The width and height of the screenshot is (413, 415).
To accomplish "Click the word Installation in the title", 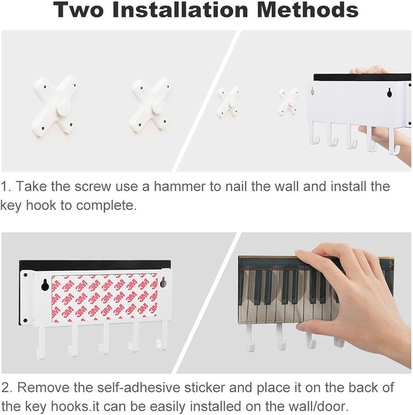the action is [x=180, y=9].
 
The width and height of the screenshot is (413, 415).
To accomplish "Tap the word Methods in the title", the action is [x=308, y=9].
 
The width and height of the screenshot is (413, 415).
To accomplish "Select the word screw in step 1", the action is [x=92, y=187].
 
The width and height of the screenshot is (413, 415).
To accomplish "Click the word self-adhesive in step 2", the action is [x=139, y=388].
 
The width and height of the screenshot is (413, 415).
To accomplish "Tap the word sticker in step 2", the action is [x=204, y=388].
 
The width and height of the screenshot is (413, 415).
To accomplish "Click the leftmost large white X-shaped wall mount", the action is [x=55, y=106].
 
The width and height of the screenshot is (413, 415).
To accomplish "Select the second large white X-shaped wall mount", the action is [x=150, y=106].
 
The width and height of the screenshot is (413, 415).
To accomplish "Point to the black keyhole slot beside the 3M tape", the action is [x=45, y=285].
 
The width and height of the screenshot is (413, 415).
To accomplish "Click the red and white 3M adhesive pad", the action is [x=105, y=298].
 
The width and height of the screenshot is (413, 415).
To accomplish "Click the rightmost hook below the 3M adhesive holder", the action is [x=161, y=336].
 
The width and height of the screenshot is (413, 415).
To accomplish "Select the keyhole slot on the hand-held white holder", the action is [x=389, y=92].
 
